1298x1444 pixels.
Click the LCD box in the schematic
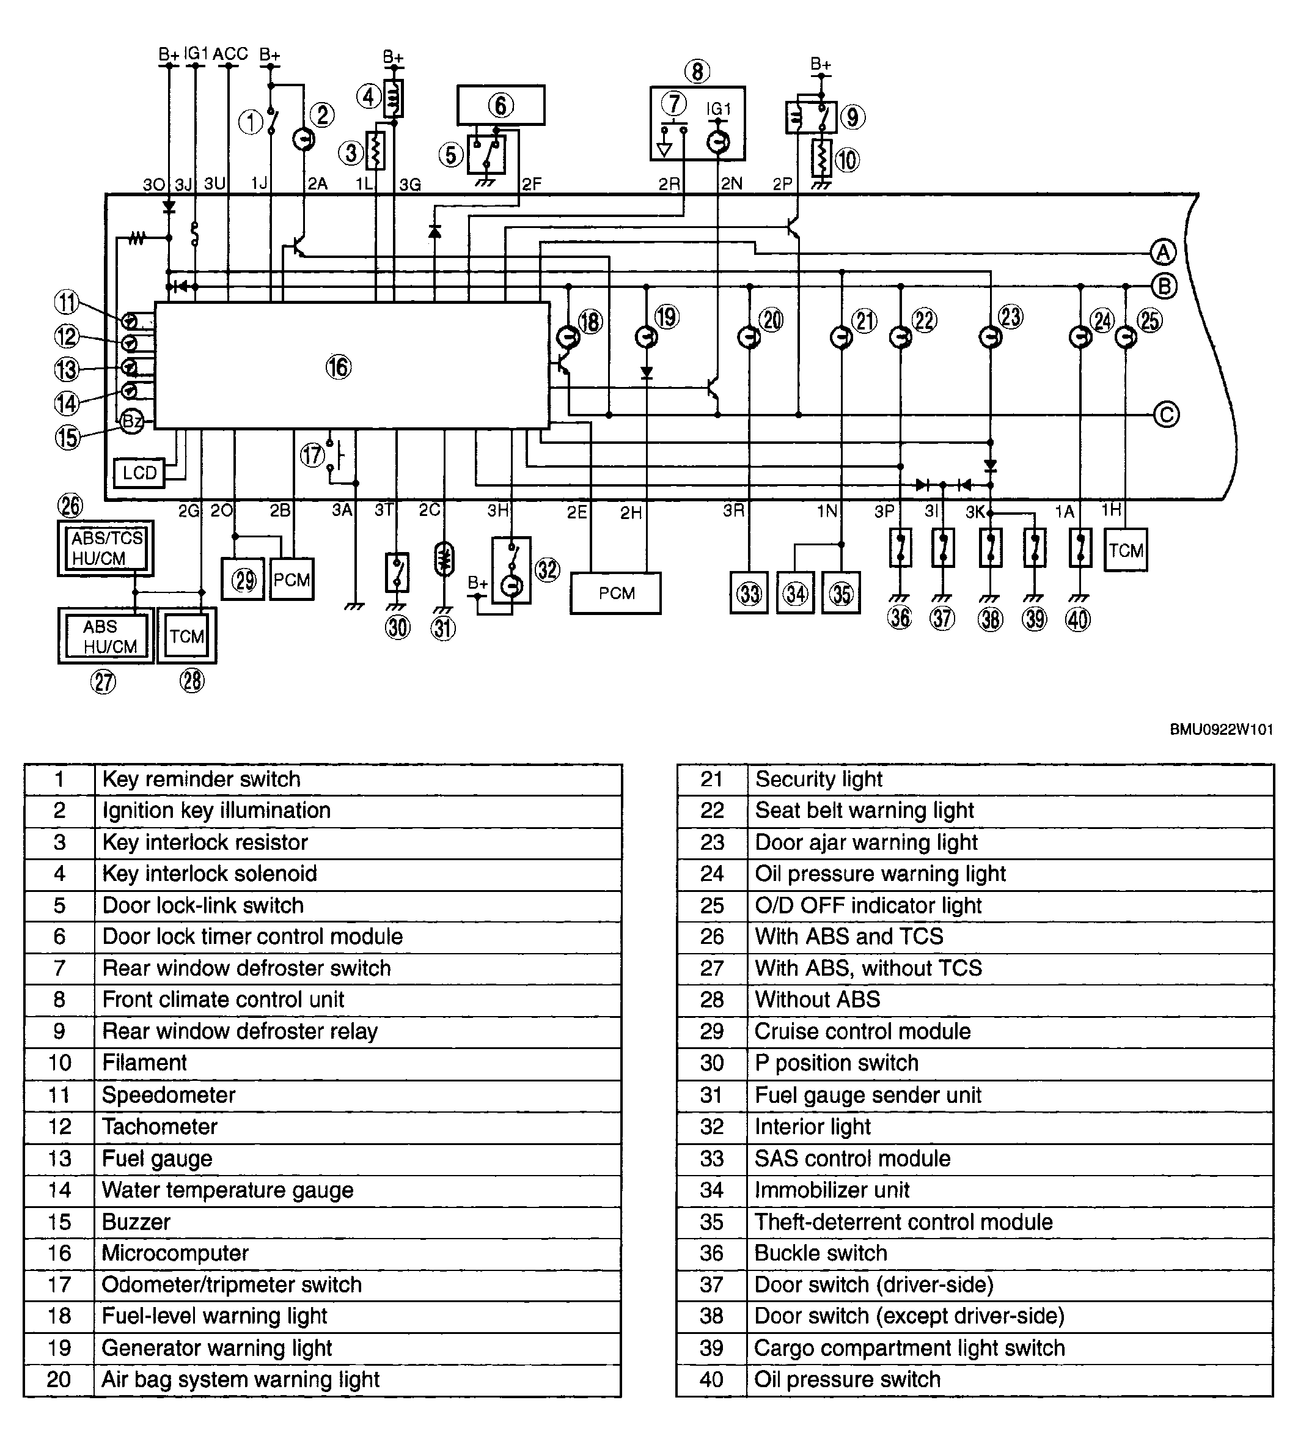click(139, 473)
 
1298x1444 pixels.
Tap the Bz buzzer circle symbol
click(132, 422)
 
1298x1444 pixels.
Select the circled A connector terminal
click(1163, 252)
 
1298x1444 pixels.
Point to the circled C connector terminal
click(1166, 414)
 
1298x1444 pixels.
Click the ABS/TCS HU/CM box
click(106, 548)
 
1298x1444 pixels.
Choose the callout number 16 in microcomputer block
click(339, 367)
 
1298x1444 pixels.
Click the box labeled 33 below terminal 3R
click(749, 593)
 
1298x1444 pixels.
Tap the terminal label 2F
click(531, 184)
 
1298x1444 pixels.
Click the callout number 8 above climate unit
click(697, 71)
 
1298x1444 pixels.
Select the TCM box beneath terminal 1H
click(1126, 550)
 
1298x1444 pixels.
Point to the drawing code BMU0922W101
click(1221, 729)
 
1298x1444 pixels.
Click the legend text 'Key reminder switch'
click(201, 779)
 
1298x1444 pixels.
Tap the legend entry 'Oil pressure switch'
click(847, 1379)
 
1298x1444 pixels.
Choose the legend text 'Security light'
click(819, 779)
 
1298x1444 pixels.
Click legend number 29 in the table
click(712, 1031)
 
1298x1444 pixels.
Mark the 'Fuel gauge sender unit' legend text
click(868, 1095)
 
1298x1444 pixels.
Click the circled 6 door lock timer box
click(501, 106)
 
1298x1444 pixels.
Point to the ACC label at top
click(230, 54)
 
